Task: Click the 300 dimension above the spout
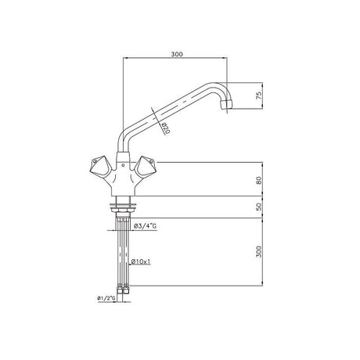pos(176,56)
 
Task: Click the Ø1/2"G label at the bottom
pos(103,297)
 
